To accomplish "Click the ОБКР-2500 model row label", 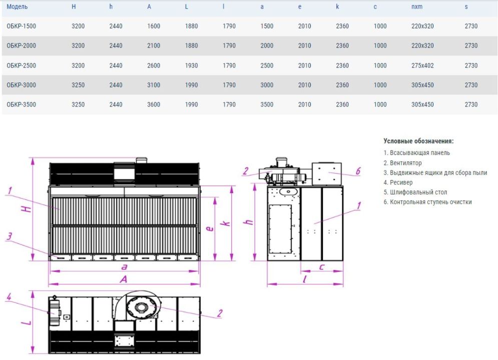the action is tap(22, 65).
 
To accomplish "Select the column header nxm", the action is tap(417, 6).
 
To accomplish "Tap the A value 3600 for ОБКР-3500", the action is tap(154, 104).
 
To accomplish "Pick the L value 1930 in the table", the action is tap(192, 65).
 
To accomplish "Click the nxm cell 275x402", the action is tap(422, 65).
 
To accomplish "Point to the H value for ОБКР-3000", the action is tap(78, 85).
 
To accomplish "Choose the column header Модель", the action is tap(17, 6).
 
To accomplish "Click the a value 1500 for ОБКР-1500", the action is tap(267, 26).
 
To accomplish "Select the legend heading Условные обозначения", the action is tap(418, 141).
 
